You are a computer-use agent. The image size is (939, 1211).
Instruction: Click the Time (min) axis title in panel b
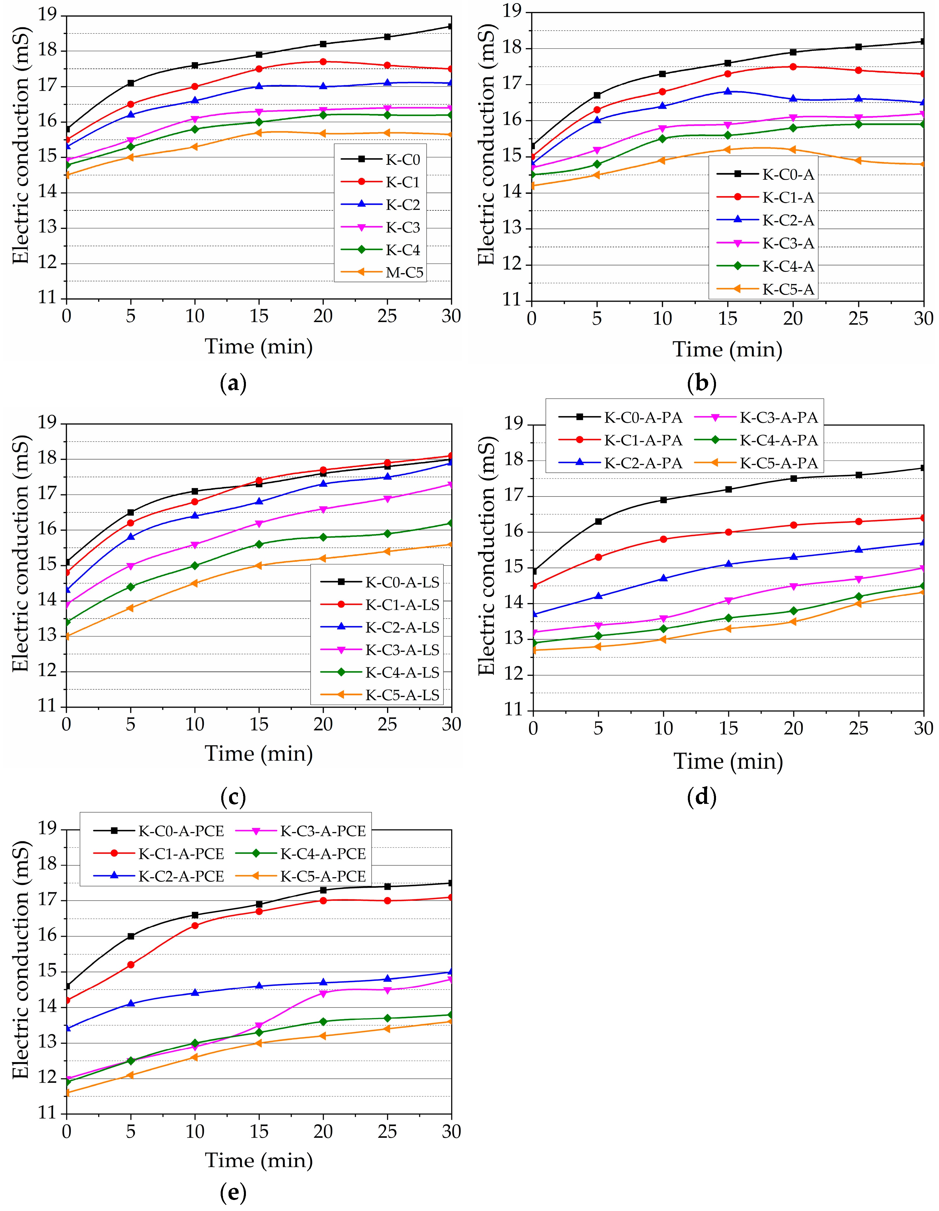click(x=727, y=349)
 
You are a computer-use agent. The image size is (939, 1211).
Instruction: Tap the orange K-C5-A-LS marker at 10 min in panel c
click(x=195, y=583)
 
